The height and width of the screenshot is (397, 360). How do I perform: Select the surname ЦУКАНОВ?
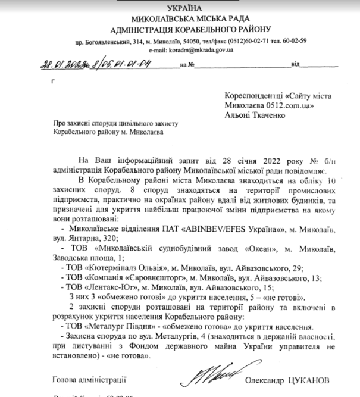tap(310, 379)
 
